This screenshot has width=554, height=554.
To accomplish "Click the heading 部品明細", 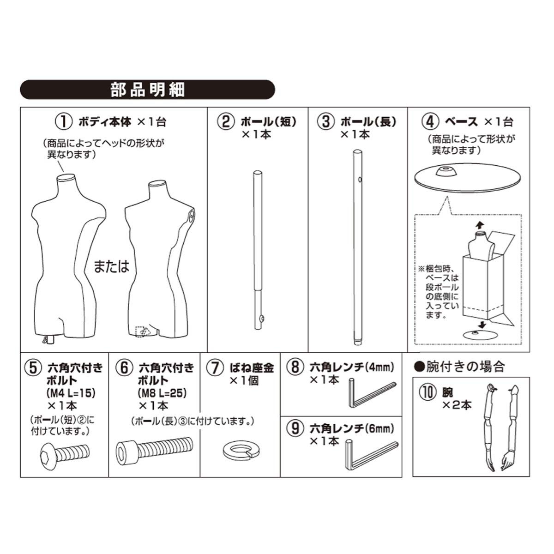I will pyautogui.click(x=147, y=89).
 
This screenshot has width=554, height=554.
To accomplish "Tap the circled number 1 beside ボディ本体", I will pyautogui.click(x=64, y=122).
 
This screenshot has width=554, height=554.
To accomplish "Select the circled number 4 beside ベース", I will pyautogui.click(x=430, y=122).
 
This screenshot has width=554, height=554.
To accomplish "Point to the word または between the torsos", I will pyautogui.click(x=111, y=266).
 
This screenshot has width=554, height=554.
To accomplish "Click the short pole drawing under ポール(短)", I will pyautogui.click(x=258, y=249).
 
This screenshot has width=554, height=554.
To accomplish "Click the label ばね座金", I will pyautogui.click(x=252, y=367).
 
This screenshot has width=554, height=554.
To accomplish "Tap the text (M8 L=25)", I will pyautogui.click(x=162, y=393).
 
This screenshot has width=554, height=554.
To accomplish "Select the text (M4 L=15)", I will pyautogui.click(x=70, y=393).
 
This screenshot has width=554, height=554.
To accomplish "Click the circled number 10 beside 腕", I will pyautogui.click(x=428, y=392).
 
